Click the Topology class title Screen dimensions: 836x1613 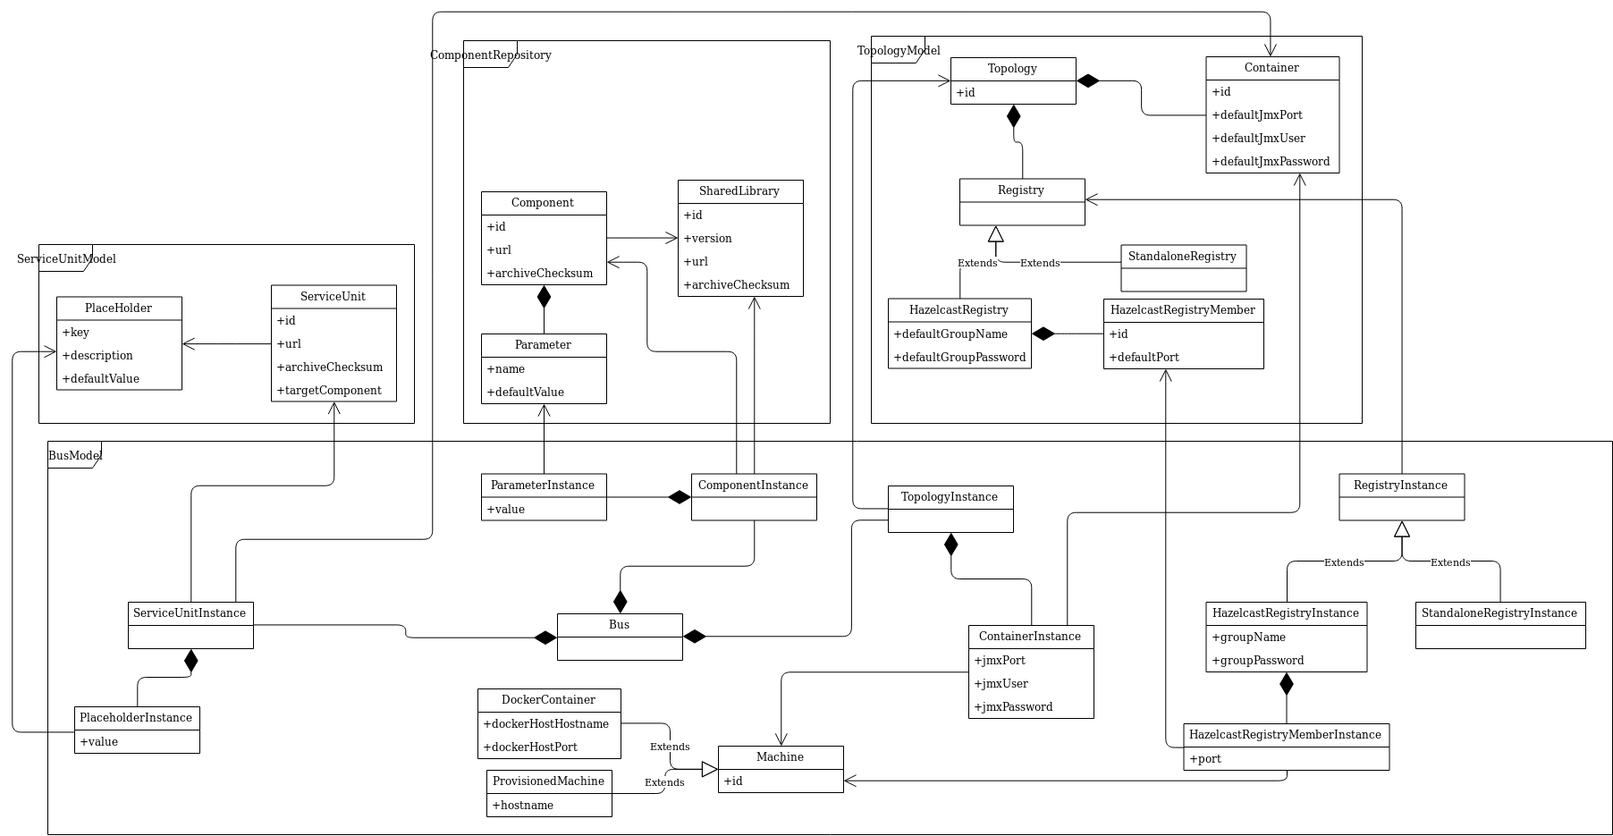[x=1012, y=69]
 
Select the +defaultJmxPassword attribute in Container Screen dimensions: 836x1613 [x=1271, y=162]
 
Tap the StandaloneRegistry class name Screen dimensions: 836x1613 [x=1182, y=257]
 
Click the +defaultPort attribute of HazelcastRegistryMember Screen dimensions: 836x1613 [x=1144, y=358]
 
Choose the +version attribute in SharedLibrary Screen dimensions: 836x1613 [x=708, y=239]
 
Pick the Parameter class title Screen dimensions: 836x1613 [x=543, y=345]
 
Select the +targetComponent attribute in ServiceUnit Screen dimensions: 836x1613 [x=329, y=391]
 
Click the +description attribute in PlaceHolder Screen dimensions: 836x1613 [x=97, y=356]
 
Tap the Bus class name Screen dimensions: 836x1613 [x=619, y=625]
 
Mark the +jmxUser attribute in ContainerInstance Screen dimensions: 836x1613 [x=1001, y=684]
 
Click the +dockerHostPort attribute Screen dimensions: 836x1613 [x=530, y=747]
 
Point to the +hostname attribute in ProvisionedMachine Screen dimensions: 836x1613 [x=523, y=806]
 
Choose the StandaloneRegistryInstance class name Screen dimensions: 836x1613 [x=1499, y=613]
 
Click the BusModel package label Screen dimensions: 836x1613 [x=75, y=456]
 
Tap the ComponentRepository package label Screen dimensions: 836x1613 [x=490, y=55]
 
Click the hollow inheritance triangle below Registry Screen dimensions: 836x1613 [x=995, y=235]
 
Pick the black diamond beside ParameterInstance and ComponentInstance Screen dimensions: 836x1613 [x=680, y=497]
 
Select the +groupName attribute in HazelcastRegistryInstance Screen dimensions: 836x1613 [x=1248, y=638]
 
